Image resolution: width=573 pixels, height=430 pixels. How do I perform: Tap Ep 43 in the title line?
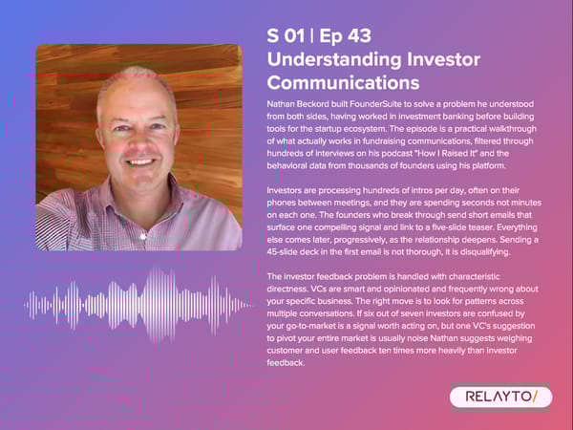pyautogui.click(x=348, y=36)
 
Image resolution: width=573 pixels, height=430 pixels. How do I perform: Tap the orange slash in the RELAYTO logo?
pyautogui.click(x=537, y=397)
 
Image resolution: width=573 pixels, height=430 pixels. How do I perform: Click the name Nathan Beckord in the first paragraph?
pyautogui.click(x=299, y=102)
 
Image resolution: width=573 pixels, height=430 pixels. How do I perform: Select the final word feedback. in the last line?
pyautogui.click(x=286, y=363)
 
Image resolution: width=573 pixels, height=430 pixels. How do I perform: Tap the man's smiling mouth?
pyautogui.click(x=140, y=163)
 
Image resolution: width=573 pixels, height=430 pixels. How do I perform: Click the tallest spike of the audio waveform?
pyautogui.click(x=142, y=306)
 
